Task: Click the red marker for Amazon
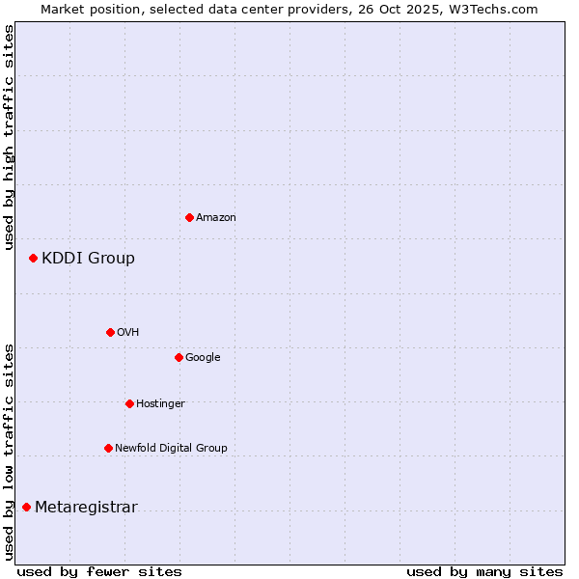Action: click(x=189, y=217)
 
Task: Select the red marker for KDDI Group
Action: click(x=33, y=258)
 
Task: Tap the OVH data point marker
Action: click(x=110, y=332)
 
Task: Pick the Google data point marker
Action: click(x=179, y=357)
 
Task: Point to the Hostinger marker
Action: click(x=129, y=403)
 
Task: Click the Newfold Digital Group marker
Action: click(x=108, y=448)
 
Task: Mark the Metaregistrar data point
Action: click(x=26, y=507)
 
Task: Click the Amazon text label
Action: click(x=216, y=217)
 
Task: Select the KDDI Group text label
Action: click(x=88, y=258)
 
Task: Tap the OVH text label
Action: click(x=128, y=332)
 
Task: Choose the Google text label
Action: click(x=203, y=357)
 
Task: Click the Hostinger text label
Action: click(x=160, y=403)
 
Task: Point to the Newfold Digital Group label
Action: click(x=171, y=448)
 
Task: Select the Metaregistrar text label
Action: click(x=86, y=508)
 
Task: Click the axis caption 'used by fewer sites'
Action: click(x=99, y=571)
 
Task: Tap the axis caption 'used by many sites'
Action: click(x=484, y=571)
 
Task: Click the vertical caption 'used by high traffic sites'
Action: click(x=9, y=137)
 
